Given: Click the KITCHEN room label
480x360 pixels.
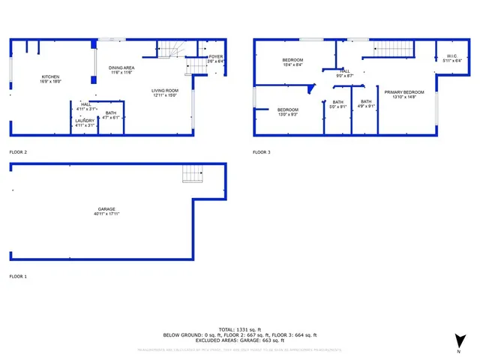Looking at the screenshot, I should [50, 76].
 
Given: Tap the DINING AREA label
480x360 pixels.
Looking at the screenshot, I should [121, 67].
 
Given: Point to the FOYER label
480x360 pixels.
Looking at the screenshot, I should [215, 56].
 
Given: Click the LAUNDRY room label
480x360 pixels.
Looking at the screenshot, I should [85, 120].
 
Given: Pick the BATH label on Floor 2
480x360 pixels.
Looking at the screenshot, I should [110, 112].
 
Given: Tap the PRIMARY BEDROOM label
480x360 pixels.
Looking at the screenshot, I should [404, 91].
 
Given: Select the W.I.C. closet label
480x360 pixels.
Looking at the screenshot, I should [451, 55].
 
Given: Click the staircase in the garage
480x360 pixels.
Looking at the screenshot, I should [193, 174].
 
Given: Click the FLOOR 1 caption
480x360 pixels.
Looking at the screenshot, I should [18, 277].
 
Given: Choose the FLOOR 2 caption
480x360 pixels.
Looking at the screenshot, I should [18, 152].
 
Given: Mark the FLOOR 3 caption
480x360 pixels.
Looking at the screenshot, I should [261, 152].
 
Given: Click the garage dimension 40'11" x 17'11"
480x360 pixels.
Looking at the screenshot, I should [108, 214].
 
